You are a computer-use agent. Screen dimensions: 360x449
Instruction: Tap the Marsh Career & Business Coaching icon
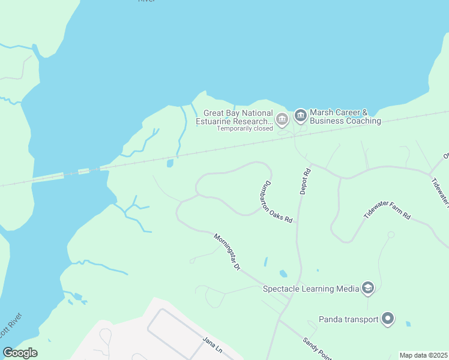(x=300, y=114)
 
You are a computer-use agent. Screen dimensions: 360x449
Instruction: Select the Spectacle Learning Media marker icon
(x=368, y=289)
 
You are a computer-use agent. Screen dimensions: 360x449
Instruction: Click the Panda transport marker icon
(x=387, y=319)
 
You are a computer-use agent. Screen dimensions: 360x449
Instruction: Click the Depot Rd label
(x=306, y=181)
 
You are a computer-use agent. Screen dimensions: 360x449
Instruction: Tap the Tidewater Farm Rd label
(x=387, y=206)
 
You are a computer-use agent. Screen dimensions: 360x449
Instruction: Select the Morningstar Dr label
(x=227, y=251)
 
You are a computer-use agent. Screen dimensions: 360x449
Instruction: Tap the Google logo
(x=20, y=353)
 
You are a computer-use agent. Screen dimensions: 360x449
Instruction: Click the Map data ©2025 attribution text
(x=423, y=355)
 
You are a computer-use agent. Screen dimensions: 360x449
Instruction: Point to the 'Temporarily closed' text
(x=244, y=128)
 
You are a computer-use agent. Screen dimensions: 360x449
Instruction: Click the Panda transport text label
(x=348, y=319)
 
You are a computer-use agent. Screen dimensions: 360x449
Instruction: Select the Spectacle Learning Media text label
(x=310, y=289)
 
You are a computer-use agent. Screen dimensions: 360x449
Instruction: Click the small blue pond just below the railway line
(x=170, y=163)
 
